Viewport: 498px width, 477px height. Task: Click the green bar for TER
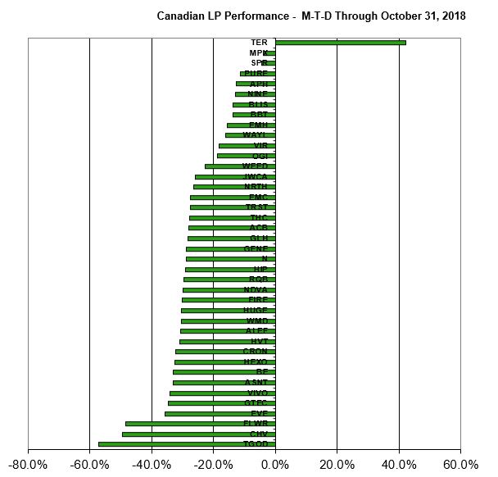340,43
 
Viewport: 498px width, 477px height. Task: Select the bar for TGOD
187,444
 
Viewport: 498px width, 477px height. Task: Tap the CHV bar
198,434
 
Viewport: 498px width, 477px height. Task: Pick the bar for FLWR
200,424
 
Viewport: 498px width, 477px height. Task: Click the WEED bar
240,166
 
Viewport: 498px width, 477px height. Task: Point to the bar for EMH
251,125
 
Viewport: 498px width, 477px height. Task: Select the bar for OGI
246,156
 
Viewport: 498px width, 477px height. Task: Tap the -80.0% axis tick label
28,465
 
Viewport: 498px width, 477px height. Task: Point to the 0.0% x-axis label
275,465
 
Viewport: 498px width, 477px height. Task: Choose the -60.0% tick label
89,465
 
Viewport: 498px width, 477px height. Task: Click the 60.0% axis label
460,465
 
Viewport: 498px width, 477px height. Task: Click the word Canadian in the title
179,16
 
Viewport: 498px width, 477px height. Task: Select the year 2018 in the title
451,16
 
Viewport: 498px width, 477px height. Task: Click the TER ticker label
259,43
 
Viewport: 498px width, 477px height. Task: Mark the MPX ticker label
259,53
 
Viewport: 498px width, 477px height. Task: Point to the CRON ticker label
255,352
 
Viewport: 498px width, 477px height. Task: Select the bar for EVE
220,413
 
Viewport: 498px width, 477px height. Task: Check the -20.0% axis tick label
213,465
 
